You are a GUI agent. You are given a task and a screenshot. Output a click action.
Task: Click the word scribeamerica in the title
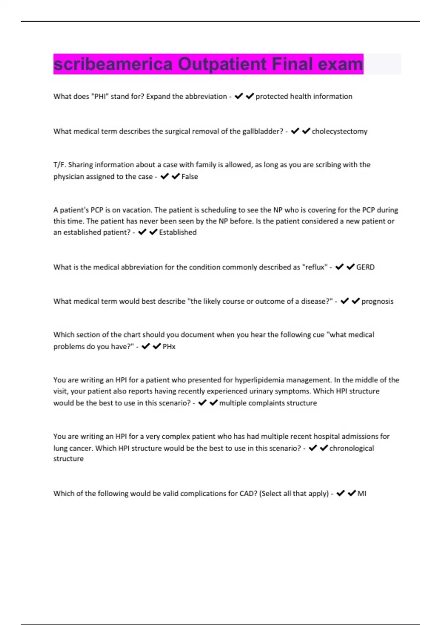coord(113,64)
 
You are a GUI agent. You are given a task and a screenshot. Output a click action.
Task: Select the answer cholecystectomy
coord(340,132)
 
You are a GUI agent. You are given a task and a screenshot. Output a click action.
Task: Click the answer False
coord(190,177)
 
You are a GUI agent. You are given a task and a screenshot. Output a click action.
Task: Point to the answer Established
coord(178,232)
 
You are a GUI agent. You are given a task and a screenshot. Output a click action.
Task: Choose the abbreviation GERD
coord(365,267)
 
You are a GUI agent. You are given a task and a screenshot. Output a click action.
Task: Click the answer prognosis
coord(377,301)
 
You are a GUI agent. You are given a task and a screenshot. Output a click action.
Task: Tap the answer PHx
coord(169,347)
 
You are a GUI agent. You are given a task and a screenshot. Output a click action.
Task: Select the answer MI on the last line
coord(362,494)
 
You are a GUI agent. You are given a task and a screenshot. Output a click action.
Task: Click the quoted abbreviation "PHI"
coord(100,97)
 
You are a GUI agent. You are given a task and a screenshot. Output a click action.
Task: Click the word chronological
coord(352,449)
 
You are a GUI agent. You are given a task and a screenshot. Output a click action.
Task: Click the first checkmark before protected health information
coord(239,96)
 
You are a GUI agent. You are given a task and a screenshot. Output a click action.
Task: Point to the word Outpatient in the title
coord(222,64)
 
